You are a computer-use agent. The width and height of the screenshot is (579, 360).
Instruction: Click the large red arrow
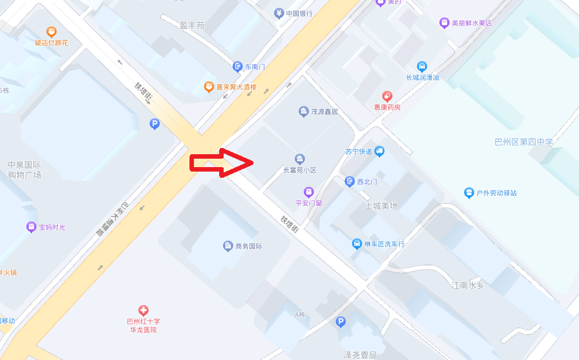[221, 163]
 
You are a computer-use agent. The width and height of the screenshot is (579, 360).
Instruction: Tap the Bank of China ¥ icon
[279, 13]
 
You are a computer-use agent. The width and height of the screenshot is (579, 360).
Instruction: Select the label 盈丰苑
[192, 26]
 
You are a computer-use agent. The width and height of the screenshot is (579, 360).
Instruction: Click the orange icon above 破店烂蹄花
[52, 32]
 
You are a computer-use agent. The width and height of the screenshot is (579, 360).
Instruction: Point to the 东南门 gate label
[254, 67]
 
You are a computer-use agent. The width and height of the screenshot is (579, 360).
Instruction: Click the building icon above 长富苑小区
[300, 159]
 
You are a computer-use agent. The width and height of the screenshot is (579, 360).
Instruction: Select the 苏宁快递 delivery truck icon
[379, 151]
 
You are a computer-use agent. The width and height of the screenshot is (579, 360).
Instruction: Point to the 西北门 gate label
[367, 182]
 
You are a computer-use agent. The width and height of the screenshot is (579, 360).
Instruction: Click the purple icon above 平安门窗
[309, 192]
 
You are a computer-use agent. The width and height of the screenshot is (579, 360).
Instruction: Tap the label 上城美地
[381, 206]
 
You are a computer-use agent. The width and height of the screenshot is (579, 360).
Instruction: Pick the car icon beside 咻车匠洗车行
[356, 244]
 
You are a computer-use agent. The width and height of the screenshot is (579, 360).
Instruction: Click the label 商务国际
[249, 246]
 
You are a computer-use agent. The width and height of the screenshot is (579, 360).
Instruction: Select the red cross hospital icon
[143, 310]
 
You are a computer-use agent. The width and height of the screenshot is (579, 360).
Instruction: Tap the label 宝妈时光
[52, 227]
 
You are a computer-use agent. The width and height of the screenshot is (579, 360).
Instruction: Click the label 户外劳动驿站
[496, 193]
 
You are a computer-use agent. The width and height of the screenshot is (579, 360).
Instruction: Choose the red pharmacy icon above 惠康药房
[387, 96]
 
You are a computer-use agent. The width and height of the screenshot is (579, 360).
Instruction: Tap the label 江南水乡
[467, 285]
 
